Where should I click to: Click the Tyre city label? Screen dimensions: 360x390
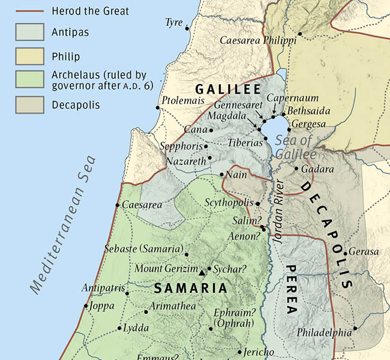173,23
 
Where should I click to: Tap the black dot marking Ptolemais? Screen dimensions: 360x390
158,108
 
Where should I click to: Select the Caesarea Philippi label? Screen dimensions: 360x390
258,41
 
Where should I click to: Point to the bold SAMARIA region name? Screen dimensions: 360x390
191,289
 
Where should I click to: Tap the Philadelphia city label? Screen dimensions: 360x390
324,332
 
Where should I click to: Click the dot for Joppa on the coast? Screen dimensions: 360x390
85,306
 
